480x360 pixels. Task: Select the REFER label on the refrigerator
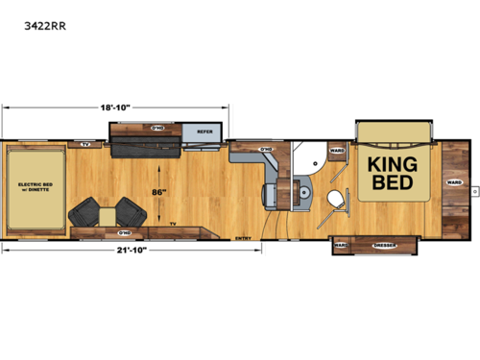[204, 132]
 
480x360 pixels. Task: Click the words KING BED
[392, 173]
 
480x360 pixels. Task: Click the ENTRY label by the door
[243, 228]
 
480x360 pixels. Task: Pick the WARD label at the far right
[454, 180]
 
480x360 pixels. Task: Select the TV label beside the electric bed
[84, 146]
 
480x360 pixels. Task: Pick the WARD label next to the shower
[336, 151]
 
